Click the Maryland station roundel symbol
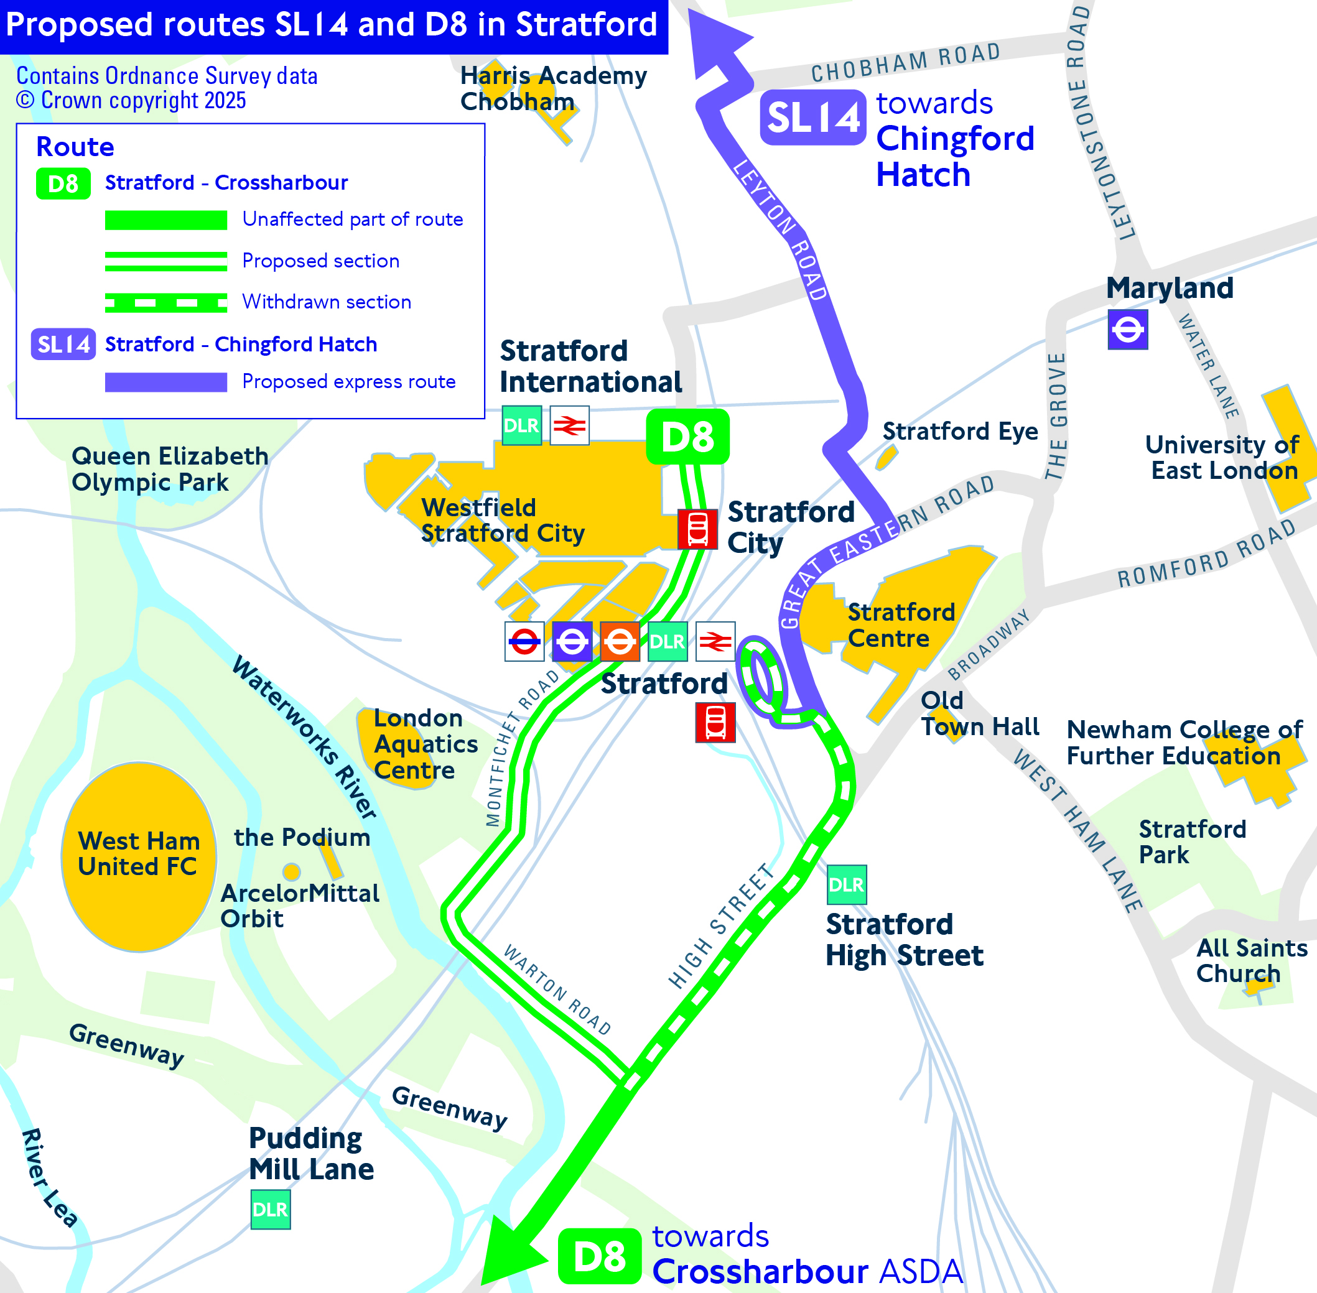click(x=1127, y=330)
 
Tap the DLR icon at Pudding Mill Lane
click(x=271, y=1210)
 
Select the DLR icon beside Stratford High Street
click(x=846, y=885)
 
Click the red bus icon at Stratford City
click(x=697, y=529)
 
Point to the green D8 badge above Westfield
click(x=687, y=437)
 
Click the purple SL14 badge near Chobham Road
click(x=812, y=118)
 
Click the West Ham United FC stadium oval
click(x=139, y=856)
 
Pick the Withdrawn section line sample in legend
click(x=165, y=302)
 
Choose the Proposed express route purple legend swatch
click(x=165, y=382)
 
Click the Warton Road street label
click(x=557, y=989)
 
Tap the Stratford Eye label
click(x=960, y=431)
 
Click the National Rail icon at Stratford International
click(x=569, y=426)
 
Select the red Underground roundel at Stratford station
click(x=524, y=641)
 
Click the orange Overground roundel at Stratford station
click(x=620, y=641)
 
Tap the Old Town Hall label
click(x=979, y=714)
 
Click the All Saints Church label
click(x=1251, y=960)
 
